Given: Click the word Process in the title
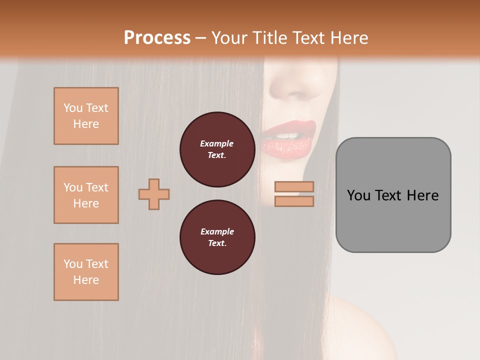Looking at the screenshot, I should point(157,38).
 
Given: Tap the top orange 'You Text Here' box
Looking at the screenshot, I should point(86,116).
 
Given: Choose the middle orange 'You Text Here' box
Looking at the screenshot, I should point(86,195).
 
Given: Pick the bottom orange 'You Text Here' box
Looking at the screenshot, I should point(86,272).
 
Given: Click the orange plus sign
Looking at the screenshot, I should point(154,194).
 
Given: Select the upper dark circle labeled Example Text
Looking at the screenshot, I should point(217,150).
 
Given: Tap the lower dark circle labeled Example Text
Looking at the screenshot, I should point(217,237).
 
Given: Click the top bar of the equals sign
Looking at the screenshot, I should point(294,186).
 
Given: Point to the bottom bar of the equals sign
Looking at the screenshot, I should point(294,201).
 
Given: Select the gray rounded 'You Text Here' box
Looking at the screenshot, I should point(393,195).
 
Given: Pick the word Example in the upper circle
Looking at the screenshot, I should point(217,144).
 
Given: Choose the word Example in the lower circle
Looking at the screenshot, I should point(217,231).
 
